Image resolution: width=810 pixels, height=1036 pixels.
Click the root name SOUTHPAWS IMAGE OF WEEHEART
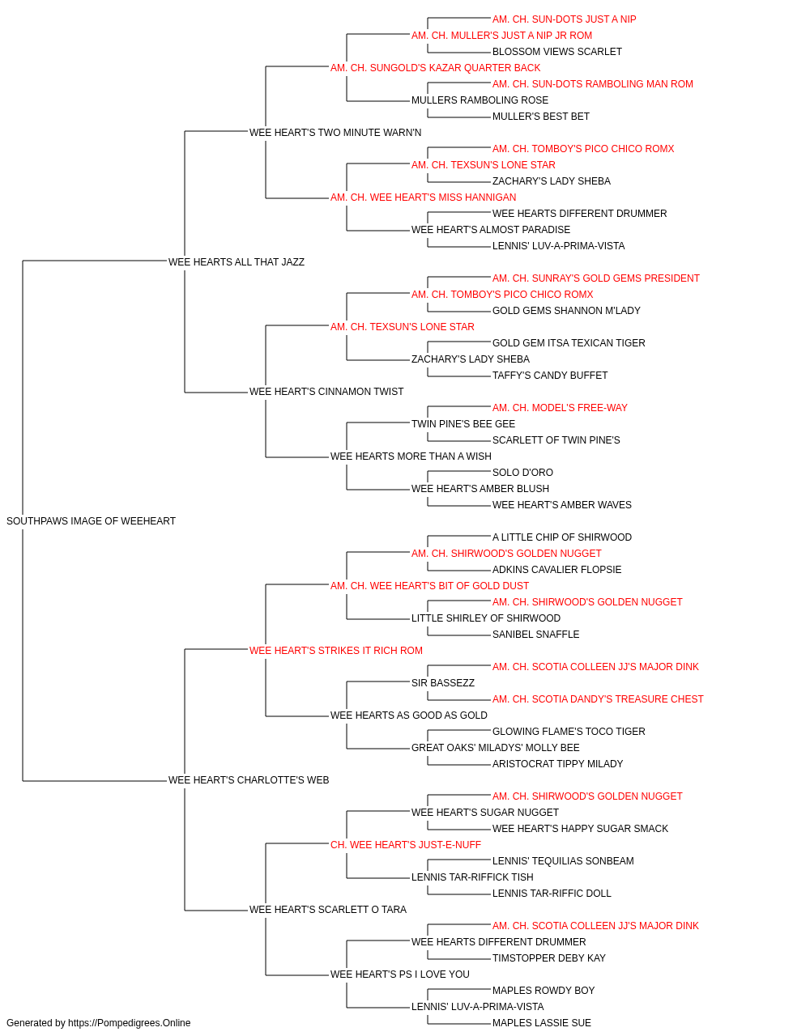[x=91, y=521]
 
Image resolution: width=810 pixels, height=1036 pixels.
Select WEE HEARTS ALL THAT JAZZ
[x=237, y=261]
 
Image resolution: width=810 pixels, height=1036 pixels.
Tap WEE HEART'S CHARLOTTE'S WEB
[x=249, y=780]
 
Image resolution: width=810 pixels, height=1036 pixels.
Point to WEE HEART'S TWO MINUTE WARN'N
[x=335, y=133]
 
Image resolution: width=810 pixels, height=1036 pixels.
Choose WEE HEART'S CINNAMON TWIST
[x=326, y=392]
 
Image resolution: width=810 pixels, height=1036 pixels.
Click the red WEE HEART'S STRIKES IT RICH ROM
[x=336, y=650]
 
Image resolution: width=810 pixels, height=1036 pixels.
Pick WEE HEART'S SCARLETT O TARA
[x=328, y=909]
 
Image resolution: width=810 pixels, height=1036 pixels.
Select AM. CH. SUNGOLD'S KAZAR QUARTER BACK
[x=436, y=68]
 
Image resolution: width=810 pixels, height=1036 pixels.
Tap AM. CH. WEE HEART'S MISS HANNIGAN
[x=423, y=197]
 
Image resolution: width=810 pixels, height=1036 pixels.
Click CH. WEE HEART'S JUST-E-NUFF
[x=406, y=845]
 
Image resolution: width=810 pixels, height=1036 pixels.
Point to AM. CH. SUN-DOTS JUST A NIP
[x=565, y=19]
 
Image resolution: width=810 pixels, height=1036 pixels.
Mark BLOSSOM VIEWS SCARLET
[x=557, y=52]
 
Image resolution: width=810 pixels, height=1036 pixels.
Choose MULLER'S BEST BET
[x=541, y=117]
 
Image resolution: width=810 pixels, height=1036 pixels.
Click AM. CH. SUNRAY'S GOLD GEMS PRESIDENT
[x=596, y=278]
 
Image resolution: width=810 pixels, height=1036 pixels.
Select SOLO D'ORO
[x=522, y=473]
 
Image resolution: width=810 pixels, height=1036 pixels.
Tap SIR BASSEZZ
[x=443, y=683]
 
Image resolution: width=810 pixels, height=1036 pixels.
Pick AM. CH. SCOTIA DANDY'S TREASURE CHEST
[x=598, y=699]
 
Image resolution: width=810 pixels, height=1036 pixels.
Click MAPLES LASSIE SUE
[x=541, y=1023]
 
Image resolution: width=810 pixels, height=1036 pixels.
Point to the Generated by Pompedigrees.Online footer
[x=98, y=1023]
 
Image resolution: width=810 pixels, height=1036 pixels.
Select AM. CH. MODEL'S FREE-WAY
[x=560, y=408]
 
